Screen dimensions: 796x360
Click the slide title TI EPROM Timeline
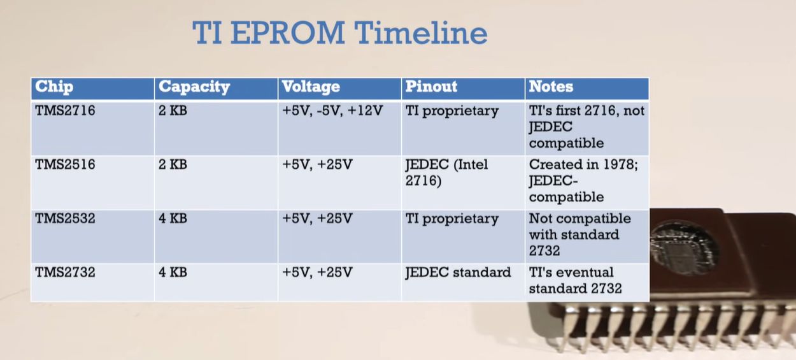pos(339,32)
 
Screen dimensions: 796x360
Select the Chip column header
pos(54,87)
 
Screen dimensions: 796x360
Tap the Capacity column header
pos(194,87)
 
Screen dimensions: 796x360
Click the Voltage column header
pos(311,87)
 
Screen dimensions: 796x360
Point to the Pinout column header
pos(431,87)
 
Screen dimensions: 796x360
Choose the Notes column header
pos(551,87)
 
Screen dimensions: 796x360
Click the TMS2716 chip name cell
pos(65,111)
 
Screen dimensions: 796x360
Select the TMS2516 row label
pos(65,164)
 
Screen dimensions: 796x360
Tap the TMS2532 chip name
pos(65,219)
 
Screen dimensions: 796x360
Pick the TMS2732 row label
pos(65,273)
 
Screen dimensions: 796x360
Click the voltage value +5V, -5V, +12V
pos(332,111)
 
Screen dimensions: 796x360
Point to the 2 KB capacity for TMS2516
pos(173,164)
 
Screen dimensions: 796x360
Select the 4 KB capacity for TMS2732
pos(173,273)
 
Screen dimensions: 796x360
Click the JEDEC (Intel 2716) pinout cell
pos(446,173)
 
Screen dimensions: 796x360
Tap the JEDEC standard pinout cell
pos(458,273)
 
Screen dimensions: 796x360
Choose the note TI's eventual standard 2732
pos(575,280)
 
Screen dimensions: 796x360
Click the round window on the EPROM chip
pos(683,247)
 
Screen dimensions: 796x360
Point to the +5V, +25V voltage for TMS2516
pos(317,164)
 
